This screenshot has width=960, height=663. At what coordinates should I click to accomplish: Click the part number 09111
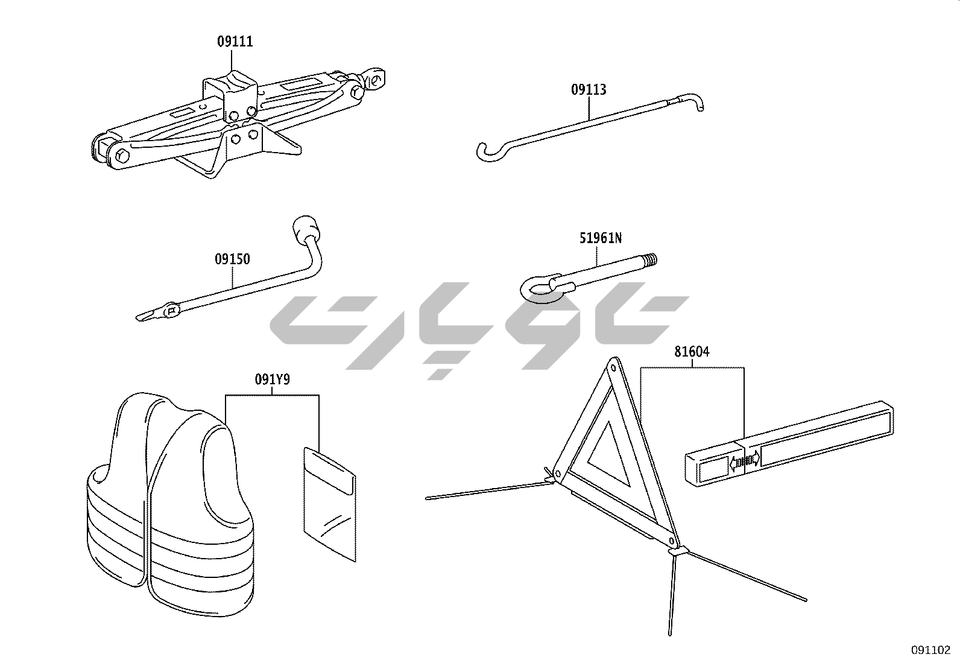point(235,42)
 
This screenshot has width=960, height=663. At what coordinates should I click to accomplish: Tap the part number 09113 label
point(589,90)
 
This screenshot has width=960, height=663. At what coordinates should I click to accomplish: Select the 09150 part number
point(232,259)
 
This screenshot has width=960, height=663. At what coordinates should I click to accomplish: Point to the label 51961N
point(601,238)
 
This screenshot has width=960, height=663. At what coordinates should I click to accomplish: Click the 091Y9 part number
point(272,380)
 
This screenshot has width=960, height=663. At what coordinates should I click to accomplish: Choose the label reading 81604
point(692,352)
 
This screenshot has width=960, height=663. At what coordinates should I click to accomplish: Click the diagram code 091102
point(930,650)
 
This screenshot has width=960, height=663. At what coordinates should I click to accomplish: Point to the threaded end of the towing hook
point(650,261)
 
